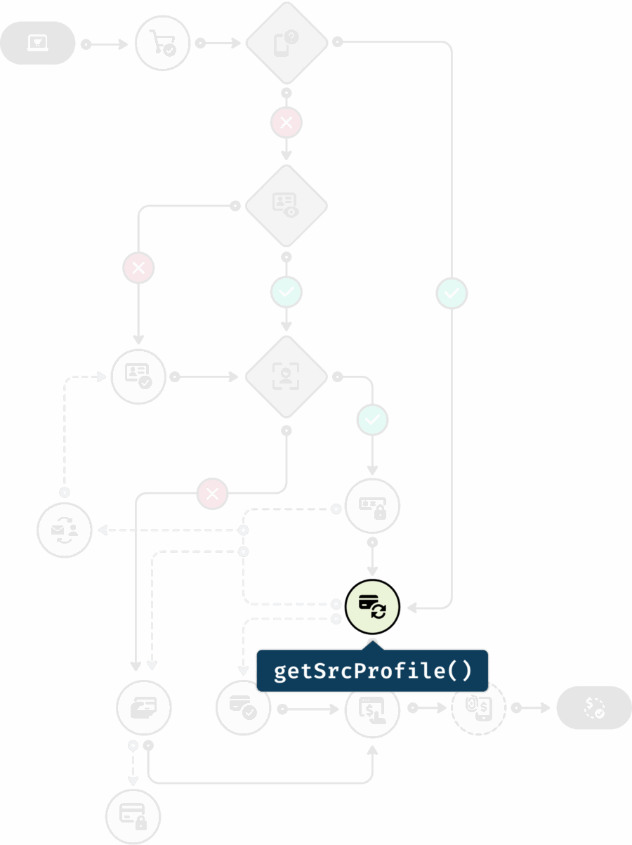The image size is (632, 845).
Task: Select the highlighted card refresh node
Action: point(373,606)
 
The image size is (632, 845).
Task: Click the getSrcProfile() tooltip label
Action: point(372,671)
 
